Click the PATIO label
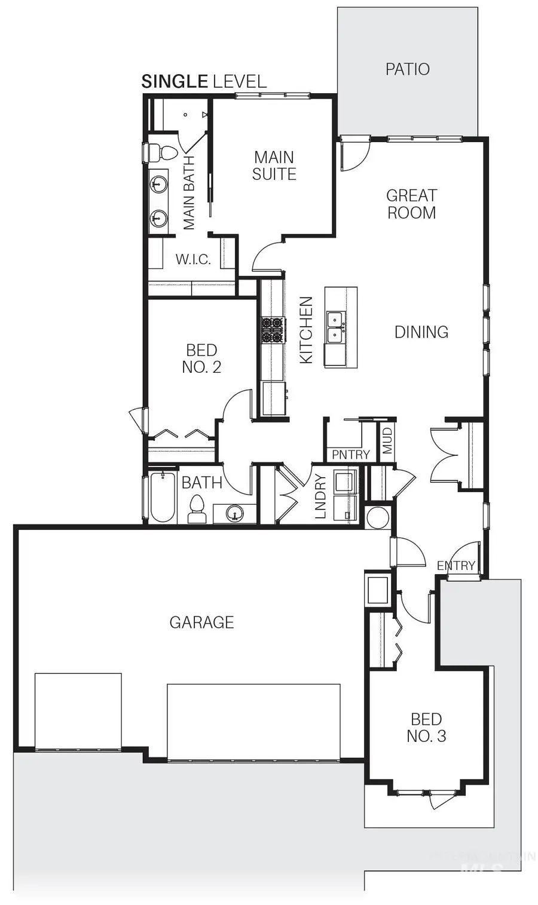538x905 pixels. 407,69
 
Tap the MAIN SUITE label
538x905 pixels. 274,165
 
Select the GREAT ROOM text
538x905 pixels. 411,204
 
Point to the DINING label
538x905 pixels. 421,332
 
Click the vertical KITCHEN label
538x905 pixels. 306,330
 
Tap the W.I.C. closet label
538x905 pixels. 192,260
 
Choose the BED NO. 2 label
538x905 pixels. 201,358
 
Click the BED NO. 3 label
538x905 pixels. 426,728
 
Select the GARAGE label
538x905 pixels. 201,622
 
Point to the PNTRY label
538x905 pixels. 350,455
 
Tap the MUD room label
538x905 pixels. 387,440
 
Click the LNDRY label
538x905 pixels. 320,496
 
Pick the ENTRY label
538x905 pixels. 456,565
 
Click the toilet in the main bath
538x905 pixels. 161,153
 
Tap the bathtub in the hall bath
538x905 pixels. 162,498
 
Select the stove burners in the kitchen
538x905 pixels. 273,330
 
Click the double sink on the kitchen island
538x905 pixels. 335,327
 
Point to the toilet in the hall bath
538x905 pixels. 196,511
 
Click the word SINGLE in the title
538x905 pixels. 175,82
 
